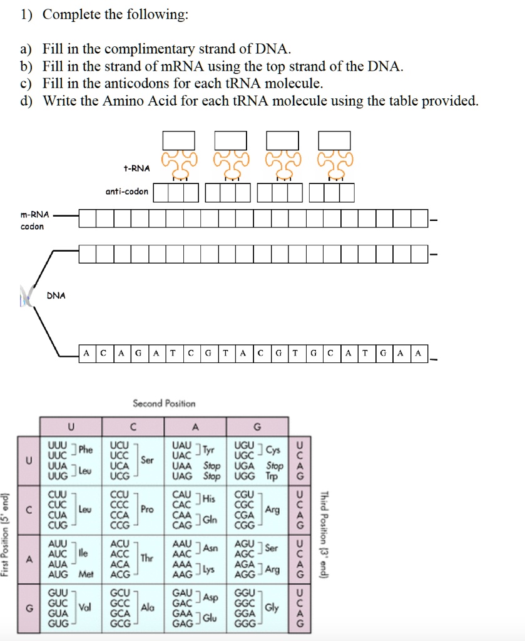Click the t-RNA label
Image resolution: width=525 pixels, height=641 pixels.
[x=136, y=168]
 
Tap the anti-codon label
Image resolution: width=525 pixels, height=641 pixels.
[x=126, y=192]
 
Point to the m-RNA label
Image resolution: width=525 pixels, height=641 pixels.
[x=34, y=215]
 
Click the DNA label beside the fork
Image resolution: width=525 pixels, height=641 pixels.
[x=56, y=295]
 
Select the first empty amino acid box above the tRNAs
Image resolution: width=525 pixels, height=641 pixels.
[x=178, y=141]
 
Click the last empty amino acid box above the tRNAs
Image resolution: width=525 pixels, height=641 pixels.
[x=334, y=141]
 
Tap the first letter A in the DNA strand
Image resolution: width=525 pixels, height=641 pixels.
[x=86, y=353]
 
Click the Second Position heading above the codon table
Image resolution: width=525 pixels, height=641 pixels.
[x=164, y=404]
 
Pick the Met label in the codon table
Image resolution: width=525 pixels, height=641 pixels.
[x=86, y=574]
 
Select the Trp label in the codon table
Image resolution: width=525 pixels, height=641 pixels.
[x=272, y=476]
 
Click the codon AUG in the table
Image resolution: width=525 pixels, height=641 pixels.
[x=58, y=574]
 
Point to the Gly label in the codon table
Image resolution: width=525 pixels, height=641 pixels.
[x=272, y=607]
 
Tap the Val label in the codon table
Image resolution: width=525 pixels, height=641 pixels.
[x=84, y=607]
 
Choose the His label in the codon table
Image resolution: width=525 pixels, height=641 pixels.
[x=208, y=498]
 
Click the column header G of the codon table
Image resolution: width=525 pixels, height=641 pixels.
[x=257, y=427]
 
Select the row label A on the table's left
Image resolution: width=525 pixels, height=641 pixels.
[x=29, y=559]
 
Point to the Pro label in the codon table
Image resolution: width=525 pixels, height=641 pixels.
[x=147, y=510]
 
